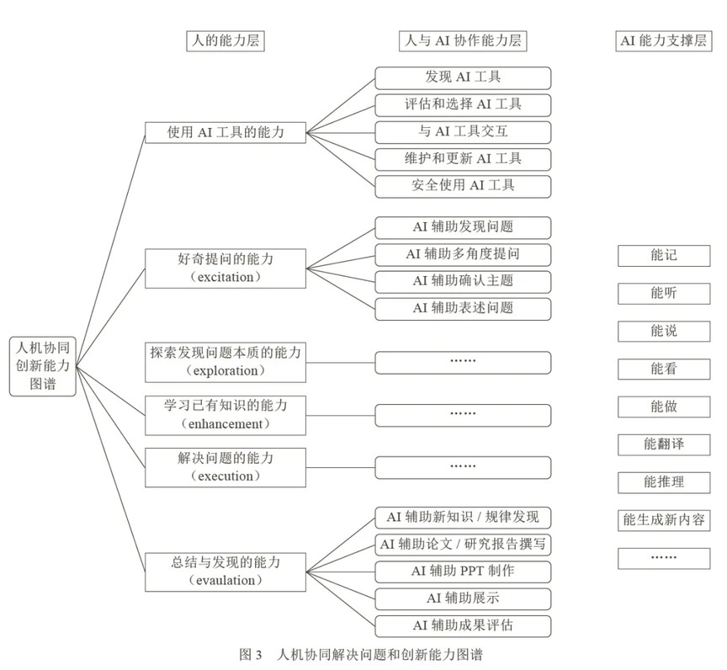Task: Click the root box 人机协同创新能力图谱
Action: click(x=43, y=366)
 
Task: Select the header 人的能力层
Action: click(x=226, y=40)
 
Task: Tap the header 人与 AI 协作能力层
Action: click(x=463, y=40)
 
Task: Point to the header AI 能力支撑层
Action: click(x=664, y=40)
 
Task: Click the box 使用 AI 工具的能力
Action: click(x=226, y=133)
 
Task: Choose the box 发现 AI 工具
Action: click(x=463, y=78)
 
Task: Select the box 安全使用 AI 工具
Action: click(x=463, y=186)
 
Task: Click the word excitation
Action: click(x=226, y=277)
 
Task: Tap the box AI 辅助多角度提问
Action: click(x=463, y=254)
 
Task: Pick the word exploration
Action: click(x=226, y=371)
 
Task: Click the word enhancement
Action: click(x=226, y=423)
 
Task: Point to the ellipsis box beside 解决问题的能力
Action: click(x=463, y=467)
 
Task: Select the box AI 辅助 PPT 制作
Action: click(x=463, y=572)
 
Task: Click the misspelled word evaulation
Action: click(x=226, y=581)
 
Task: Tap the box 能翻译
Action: click(x=664, y=444)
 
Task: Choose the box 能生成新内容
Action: click(x=664, y=520)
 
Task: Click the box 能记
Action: click(x=664, y=256)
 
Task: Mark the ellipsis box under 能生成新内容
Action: click(x=664, y=558)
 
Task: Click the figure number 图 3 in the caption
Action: click(x=251, y=655)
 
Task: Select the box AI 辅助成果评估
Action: click(x=463, y=626)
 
